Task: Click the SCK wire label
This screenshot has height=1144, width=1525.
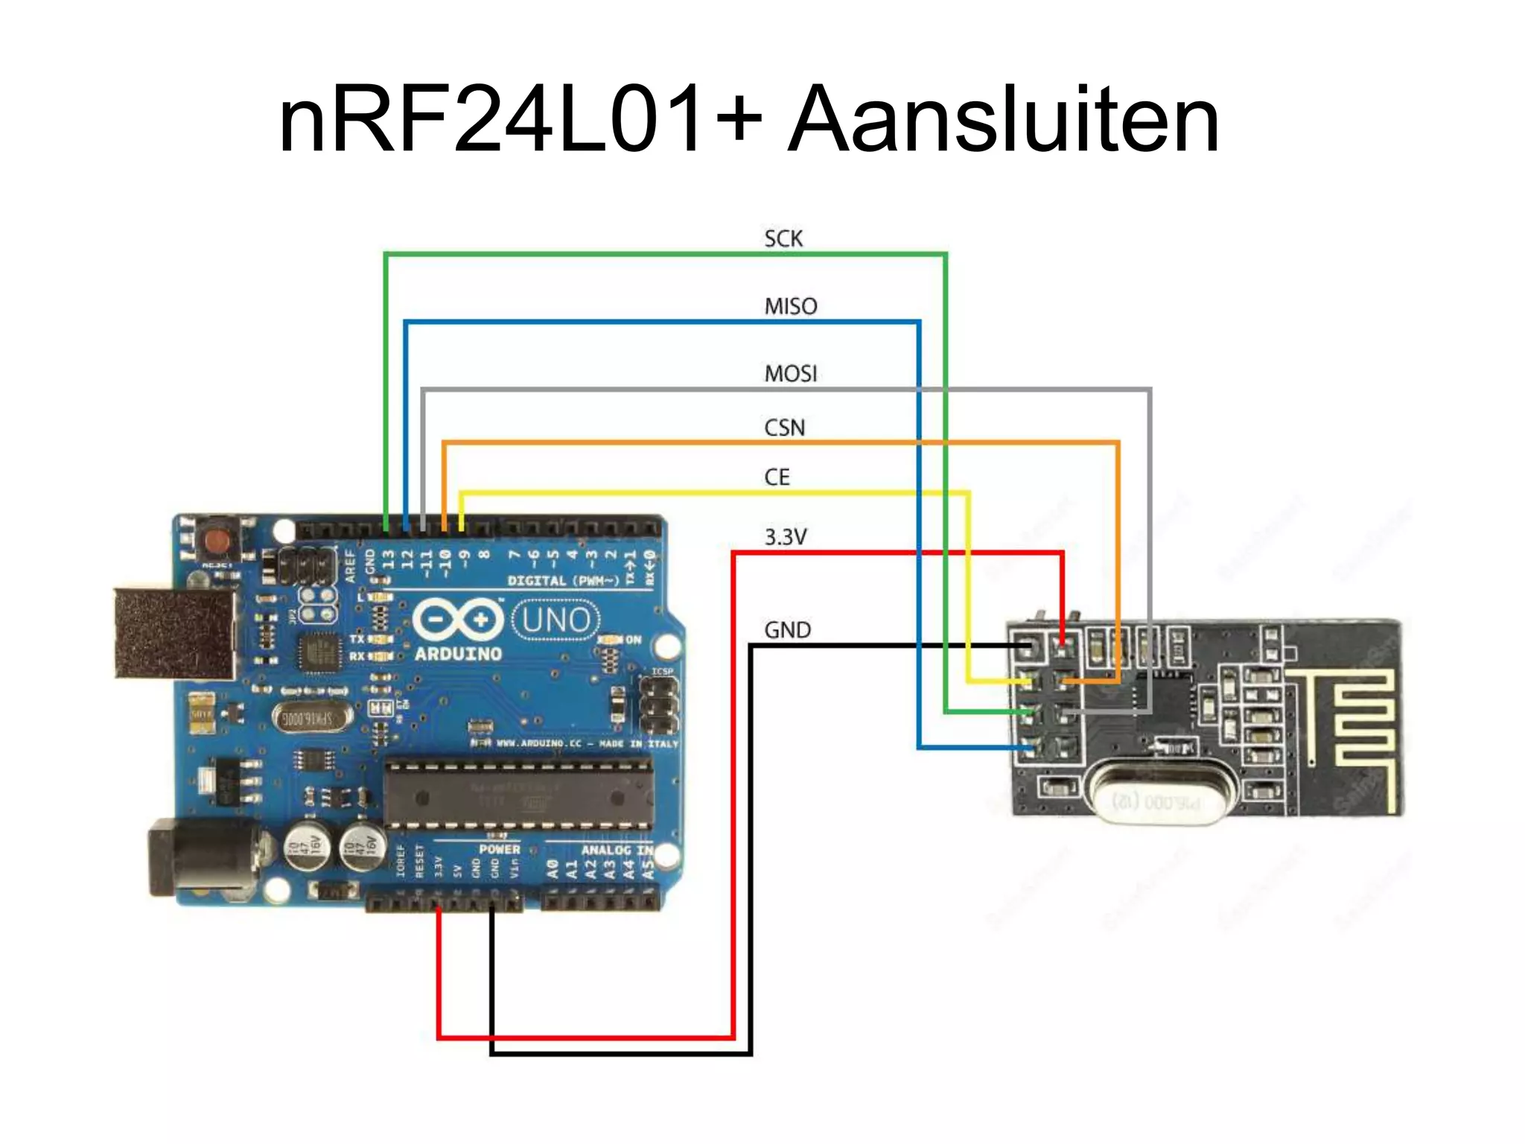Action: pyautogui.click(x=783, y=239)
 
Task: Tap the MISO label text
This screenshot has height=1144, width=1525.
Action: pyautogui.click(x=790, y=306)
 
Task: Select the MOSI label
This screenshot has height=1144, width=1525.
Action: pyautogui.click(x=790, y=373)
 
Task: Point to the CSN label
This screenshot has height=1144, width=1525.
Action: pyautogui.click(x=784, y=428)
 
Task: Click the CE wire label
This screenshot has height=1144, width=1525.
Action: pyautogui.click(x=777, y=477)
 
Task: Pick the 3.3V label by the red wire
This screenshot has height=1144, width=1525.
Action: pyautogui.click(x=785, y=537)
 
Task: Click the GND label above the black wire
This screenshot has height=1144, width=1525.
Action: pyautogui.click(x=787, y=630)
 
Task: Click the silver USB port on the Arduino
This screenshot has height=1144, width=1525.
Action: pyautogui.click(x=176, y=633)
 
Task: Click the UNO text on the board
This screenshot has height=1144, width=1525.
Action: pyautogui.click(x=555, y=620)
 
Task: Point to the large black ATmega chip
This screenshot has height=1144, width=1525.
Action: pyautogui.click(x=518, y=796)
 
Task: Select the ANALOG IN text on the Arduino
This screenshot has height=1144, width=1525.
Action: pyautogui.click(x=617, y=850)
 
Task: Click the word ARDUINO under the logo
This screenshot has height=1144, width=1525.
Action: pyautogui.click(x=458, y=654)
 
